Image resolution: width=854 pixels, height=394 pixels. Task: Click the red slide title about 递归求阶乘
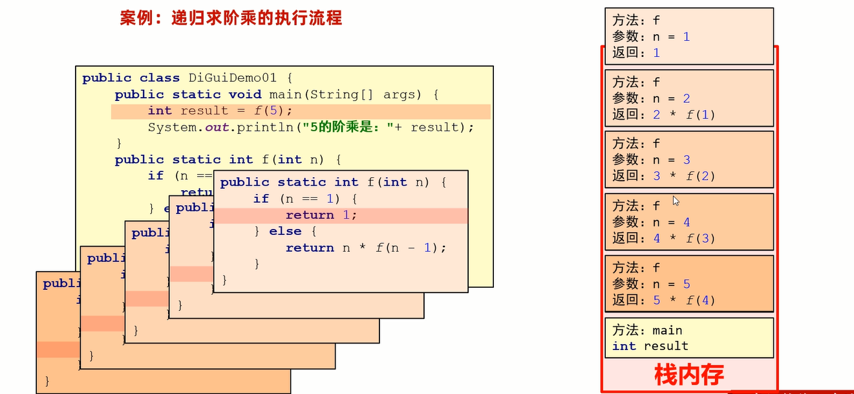click(231, 17)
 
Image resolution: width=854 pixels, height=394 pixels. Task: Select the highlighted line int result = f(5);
click(220, 111)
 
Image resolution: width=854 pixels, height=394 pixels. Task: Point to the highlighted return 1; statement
click(321, 215)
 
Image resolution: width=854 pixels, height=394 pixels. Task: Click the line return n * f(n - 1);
click(366, 248)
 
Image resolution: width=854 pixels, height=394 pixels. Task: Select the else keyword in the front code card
click(285, 231)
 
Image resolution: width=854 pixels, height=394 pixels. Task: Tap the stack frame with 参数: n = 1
click(689, 36)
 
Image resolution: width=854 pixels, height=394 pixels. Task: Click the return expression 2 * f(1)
click(684, 115)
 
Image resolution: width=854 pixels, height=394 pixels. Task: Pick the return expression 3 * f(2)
click(684, 176)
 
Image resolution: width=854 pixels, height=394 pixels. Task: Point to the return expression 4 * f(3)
click(684, 238)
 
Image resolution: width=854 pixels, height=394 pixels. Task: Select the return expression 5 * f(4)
click(684, 300)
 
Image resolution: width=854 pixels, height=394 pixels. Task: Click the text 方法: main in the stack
click(647, 331)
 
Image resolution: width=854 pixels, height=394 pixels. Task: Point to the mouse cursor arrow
click(676, 201)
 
